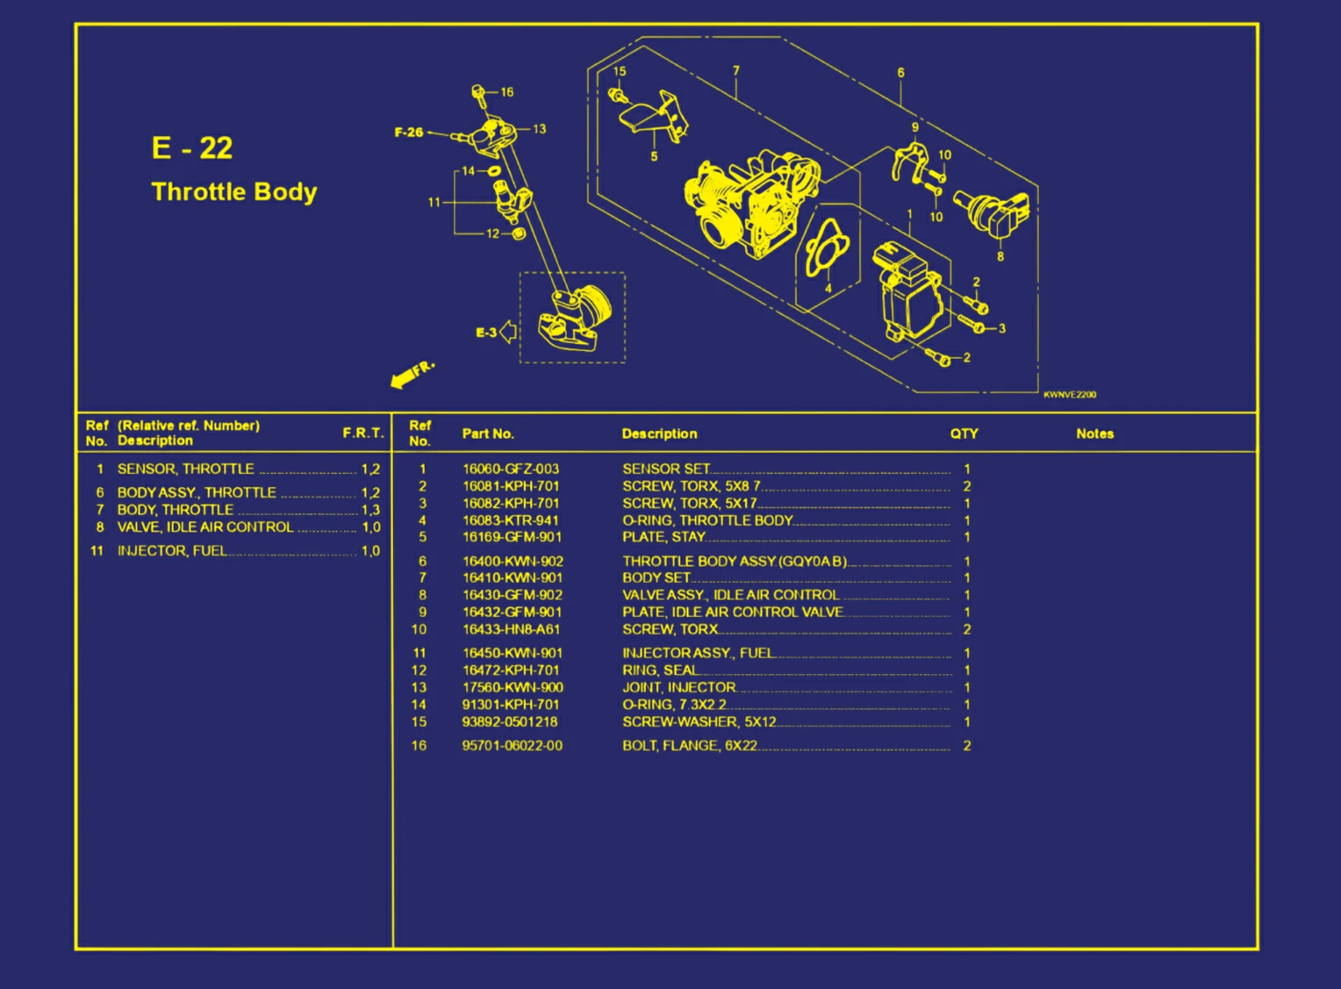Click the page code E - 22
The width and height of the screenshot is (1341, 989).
tap(191, 147)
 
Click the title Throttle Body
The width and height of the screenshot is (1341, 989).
tap(233, 192)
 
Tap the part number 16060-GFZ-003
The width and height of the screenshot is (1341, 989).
tap(510, 469)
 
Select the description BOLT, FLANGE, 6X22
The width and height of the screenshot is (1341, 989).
tap(689, 745)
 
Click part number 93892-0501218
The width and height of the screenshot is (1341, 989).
tap(509, 721)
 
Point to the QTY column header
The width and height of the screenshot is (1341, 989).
tap(963, 434)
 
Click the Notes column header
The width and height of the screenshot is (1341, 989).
tap(1094, 434)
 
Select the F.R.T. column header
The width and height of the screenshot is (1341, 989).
tap(362, 433)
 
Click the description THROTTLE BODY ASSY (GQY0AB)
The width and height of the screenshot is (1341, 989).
tap(734, 561)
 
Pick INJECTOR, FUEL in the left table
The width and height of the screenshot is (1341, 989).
tap(172, 550)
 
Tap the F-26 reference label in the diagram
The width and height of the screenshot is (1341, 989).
tap(408, 133)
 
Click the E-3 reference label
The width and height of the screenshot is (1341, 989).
tap(486, 333)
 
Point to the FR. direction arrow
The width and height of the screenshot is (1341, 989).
tap(410, 375)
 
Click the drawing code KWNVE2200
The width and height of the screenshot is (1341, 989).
tap(1069, 395)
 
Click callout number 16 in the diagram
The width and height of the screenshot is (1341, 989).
tap(507, 92)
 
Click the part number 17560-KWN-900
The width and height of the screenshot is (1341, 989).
tap(512, 687)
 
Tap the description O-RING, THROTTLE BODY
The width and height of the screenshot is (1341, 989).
tap(706, 520)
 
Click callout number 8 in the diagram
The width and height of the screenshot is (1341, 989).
tap(1000, 256)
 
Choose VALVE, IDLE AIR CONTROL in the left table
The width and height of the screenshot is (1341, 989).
tap(204, 527)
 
